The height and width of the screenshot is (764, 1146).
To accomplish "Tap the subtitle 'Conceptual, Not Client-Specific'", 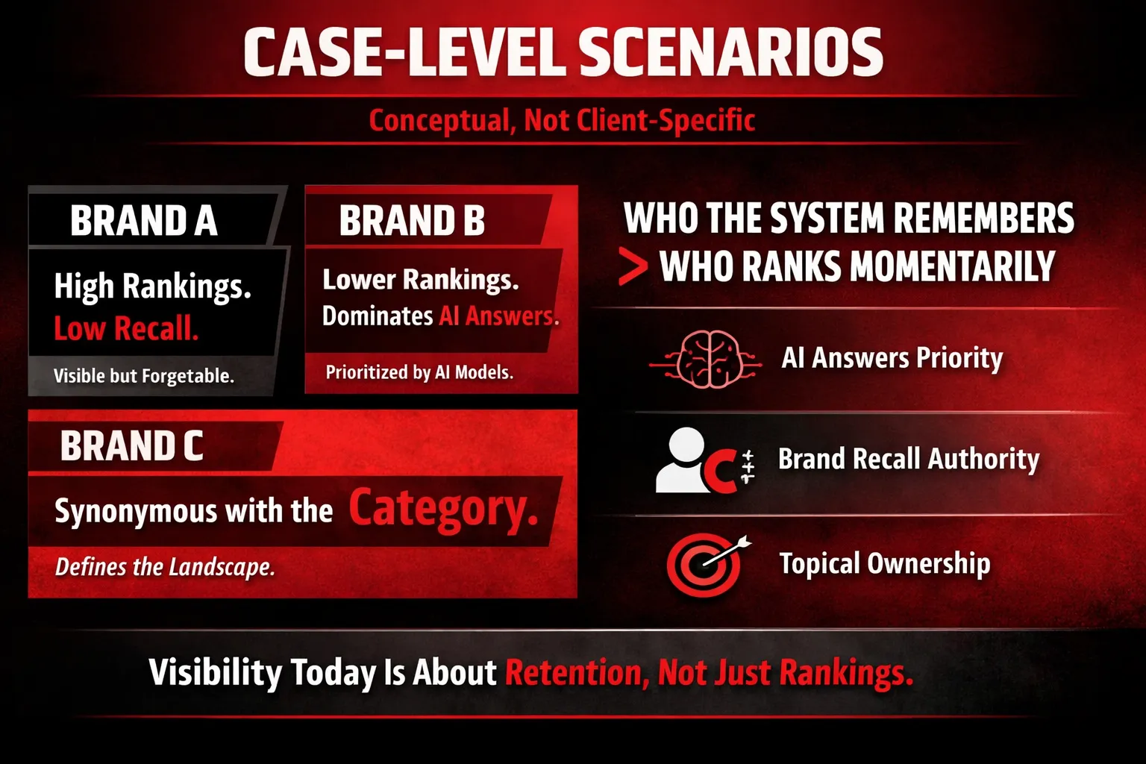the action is pyautogui.click(x=562, y=121).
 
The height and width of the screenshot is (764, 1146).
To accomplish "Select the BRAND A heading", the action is pyautogui.click(x=144, y=221).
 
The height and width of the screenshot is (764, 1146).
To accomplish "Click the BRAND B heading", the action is pyautogui.click(x=412, y=221).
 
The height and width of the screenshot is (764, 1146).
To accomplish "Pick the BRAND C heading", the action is pyautogui.click(x=132, y=445).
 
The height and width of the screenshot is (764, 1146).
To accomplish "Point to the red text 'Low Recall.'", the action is pyautogui.click(x=126, y=328).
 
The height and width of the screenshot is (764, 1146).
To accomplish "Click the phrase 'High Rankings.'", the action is pyautogui.click(x=152, y=286).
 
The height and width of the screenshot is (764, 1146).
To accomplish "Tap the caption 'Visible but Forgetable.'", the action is pyautogui.click(x=144, y=376).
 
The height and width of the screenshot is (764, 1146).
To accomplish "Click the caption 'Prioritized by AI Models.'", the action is pyautogui.click(x=419, y=372).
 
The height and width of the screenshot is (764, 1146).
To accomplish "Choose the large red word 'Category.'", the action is pyautogui.click(x=444, y=508).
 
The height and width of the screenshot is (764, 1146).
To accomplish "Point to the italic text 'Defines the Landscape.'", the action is pyautogui.click(x=165, y=567).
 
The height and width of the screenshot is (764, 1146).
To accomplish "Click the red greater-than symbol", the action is pyautogui.click(x=633, y=266).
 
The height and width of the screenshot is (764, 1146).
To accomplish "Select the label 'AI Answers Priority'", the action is pyautogui.click(x=892, y=357).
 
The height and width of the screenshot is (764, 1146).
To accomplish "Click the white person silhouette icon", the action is pyautogui.click(x=683, y=460).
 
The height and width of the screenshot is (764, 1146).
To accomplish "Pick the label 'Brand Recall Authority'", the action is pyautogui.click(x=909, y=459).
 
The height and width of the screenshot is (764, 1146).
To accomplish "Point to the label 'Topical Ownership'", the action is pyautogui.click(x=885, y=564).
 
